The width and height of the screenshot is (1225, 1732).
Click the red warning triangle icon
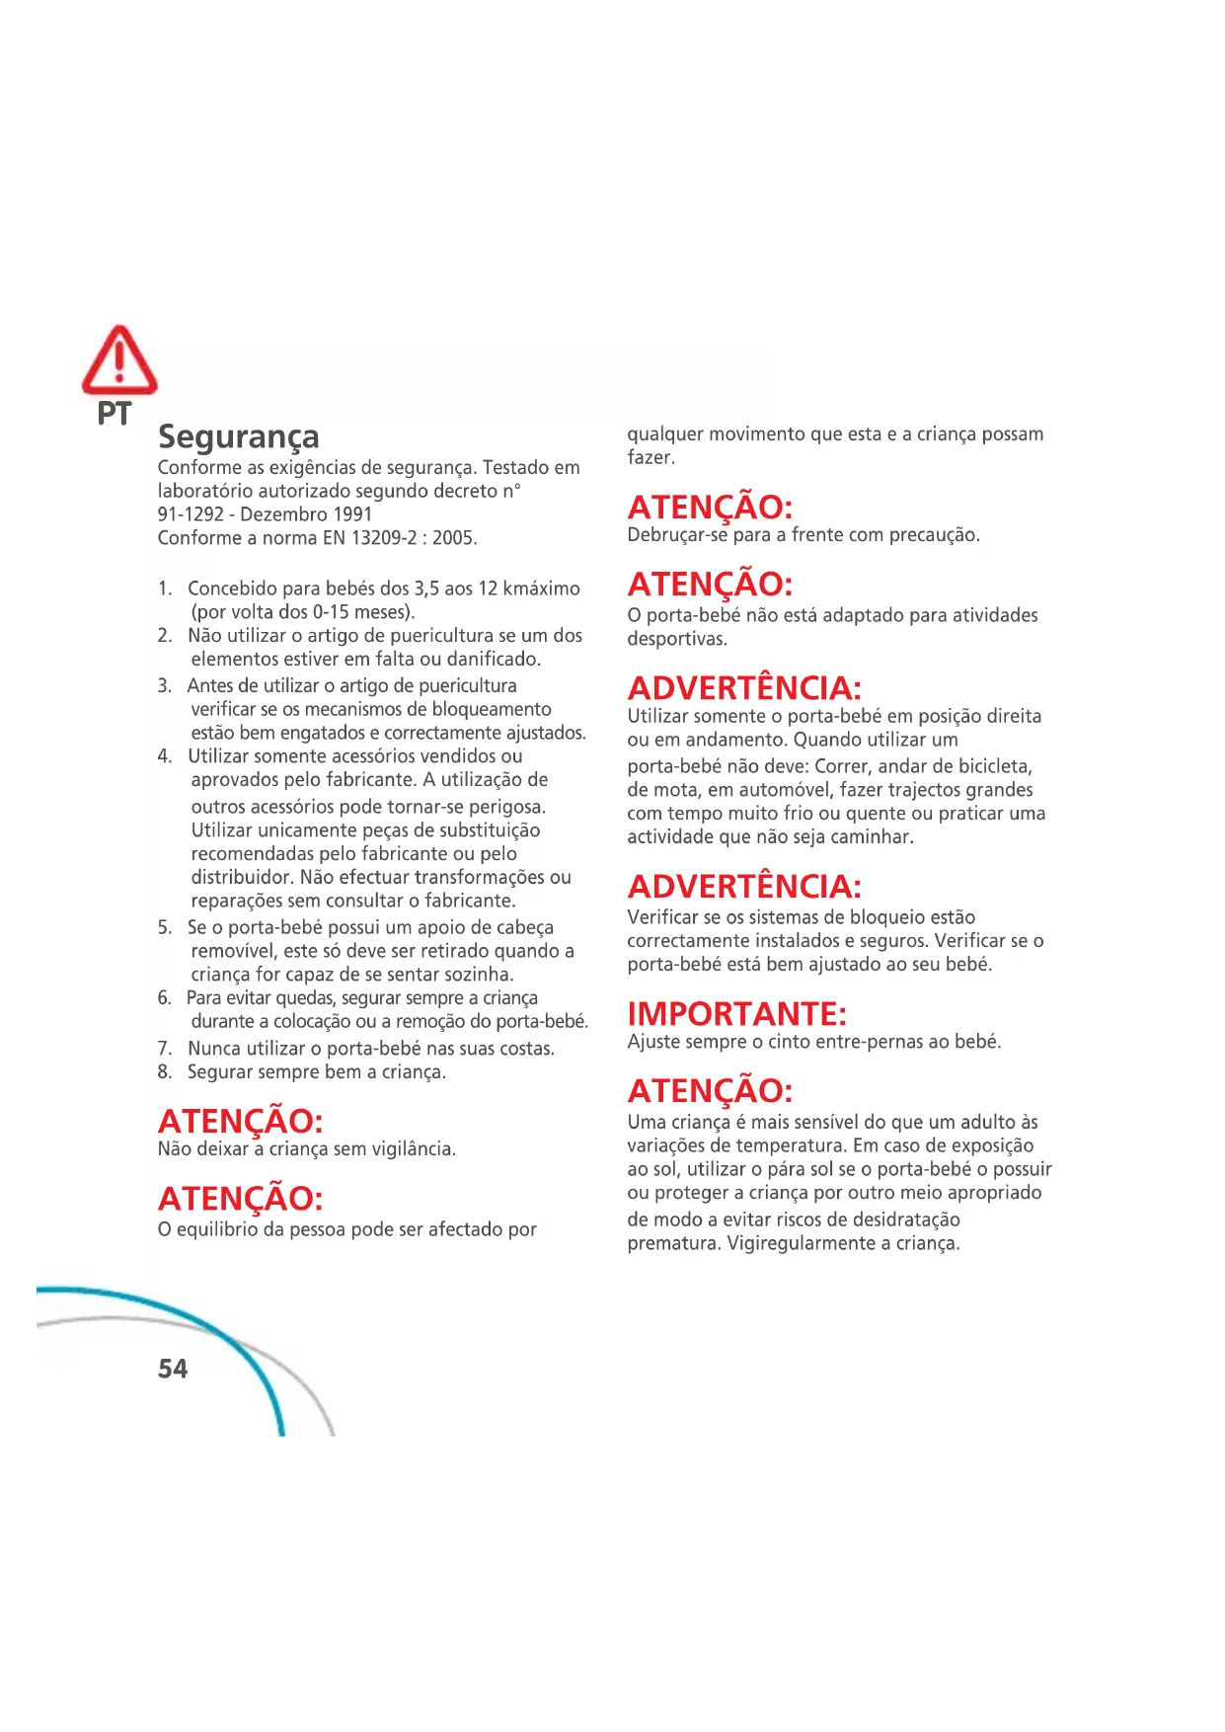[x=119, y=360]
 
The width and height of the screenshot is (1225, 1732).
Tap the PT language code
[x=114, y=414]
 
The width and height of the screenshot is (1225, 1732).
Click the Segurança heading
[x=239, y=436]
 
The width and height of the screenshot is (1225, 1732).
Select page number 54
[x=173, y=1369]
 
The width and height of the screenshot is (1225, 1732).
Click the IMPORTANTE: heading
[x=737, y=1014]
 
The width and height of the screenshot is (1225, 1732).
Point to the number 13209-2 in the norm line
[x=384, y=538]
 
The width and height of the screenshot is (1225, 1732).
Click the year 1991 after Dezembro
[x=352, y=514]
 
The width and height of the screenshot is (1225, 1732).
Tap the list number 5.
[x=164, y=927]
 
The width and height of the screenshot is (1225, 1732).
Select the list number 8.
[x=164, y=1071]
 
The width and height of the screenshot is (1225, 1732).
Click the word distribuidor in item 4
[x=241, y=878]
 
